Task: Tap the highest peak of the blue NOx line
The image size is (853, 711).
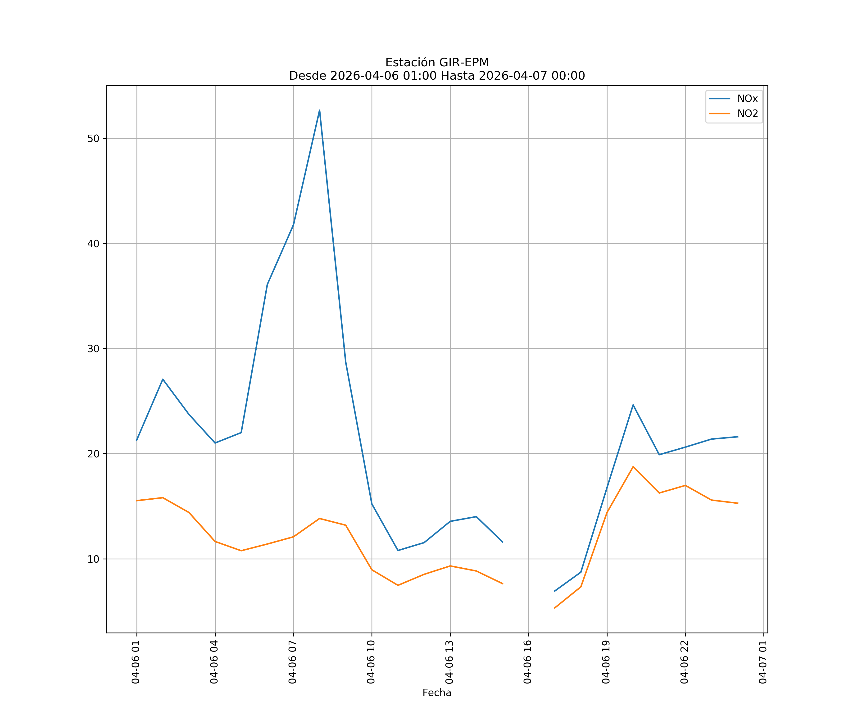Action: (x=319, y=110)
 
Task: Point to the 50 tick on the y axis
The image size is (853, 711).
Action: (x=93, y=138)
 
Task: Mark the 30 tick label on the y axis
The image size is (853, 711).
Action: (x=93, y=349)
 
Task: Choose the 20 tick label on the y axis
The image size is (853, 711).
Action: (x=93, y=454)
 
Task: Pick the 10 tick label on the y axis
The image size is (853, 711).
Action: (x=93, y=559)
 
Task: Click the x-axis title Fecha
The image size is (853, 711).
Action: (x=437, y=693)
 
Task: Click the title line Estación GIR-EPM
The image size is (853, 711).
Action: (x=437, y=63)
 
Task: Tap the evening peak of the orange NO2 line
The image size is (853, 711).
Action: (x=633, y=467)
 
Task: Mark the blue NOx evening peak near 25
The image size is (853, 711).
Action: (x=633, y=405)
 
